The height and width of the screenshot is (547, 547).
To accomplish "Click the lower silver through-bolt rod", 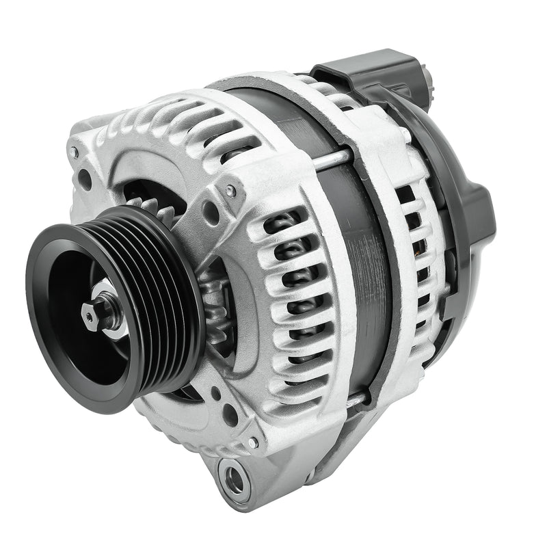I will click(355, 400).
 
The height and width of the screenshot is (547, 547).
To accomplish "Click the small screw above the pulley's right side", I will click(231, 191).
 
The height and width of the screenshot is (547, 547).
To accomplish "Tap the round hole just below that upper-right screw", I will click(211, 214).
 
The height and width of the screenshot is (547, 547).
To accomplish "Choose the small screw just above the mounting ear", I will click(254, 442).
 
